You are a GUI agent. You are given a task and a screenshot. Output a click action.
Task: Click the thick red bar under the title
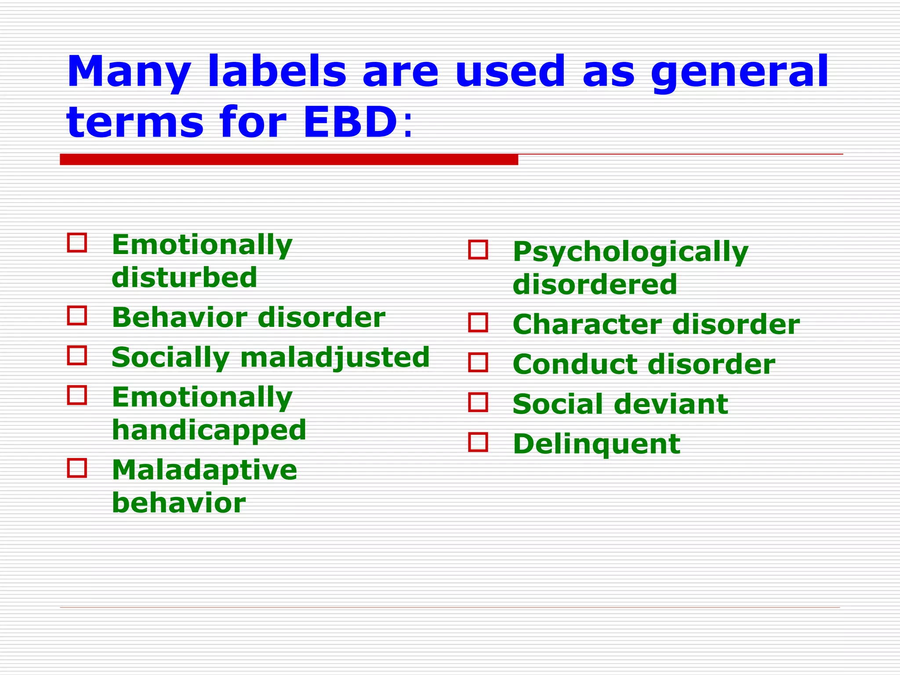tap(289, 160)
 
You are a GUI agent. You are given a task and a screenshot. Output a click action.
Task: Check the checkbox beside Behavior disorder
tap(77, 316)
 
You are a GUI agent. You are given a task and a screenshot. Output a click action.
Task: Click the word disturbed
tap(184, 277)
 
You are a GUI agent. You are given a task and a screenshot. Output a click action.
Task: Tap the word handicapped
tap(209, 430)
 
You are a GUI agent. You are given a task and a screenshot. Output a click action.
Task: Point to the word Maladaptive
tap(204, 469)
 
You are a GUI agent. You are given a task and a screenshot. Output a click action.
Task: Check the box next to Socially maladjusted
tap(77, 355)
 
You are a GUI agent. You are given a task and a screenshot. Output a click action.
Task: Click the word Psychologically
tap(630, 252)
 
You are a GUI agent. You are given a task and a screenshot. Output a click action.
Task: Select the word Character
tap(587, 324)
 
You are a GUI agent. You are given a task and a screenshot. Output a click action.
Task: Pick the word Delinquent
tap(596, 444)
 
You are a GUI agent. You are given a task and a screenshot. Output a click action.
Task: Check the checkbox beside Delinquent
tap(478, 442)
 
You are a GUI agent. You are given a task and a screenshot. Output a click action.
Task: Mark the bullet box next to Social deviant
tap(478, 402)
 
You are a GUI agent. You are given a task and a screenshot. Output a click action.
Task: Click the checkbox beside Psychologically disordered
tap(478, 250)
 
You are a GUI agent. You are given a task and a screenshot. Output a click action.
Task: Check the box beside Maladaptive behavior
tap(77, 468)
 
